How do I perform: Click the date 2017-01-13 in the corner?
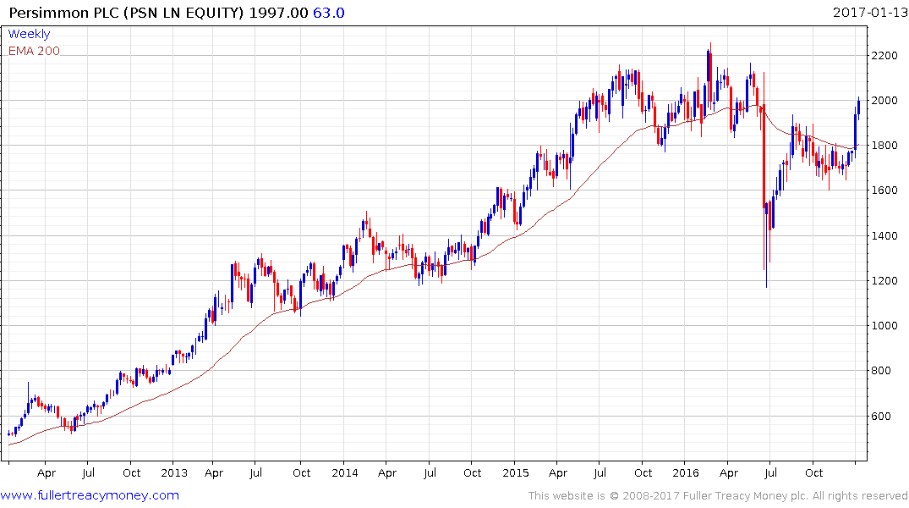pos(869,13)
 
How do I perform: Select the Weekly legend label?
pos(29,34)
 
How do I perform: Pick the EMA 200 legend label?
pos(34,50)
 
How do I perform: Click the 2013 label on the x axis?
pos(173,472)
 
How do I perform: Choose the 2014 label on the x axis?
pos(345,472)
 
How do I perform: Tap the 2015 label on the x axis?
pos(515,472)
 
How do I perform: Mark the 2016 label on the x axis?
pos(685,472)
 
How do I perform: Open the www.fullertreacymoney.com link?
pos(90,495)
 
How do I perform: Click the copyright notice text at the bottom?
pos(718,495)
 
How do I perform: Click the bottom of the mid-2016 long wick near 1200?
pos(767,286)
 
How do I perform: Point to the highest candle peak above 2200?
pos(710,44)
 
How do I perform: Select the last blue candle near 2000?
pos(858,105)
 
